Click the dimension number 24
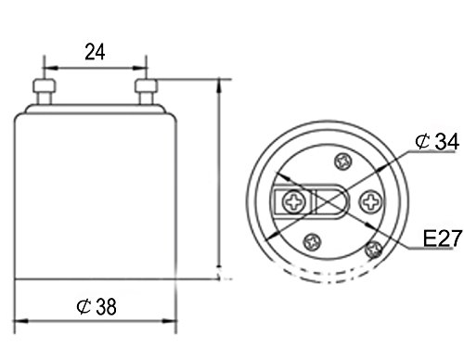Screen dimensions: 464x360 pyautogui.click(x=95, y=52)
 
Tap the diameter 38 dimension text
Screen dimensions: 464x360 pyautogui.click(x=97, y=306)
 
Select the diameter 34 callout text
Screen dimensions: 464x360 pyautogui.click(x=437, y=141)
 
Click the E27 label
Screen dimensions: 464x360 pyautogui.click(x=443, y=238)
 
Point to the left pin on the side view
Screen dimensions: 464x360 pyautogui.click(x=45, y=92)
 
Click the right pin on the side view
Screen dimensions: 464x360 pyautogui.click(x=146, y=92)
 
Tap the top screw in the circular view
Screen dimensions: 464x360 pyautogui.click(x=343, y=161)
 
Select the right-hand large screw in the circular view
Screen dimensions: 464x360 pyautogui.click(x=371, y=202)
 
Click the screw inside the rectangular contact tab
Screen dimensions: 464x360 pyautogui.click(x=294, y=202)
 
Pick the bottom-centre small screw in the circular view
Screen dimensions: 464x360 pyautogui.click(x=312, y=242)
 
